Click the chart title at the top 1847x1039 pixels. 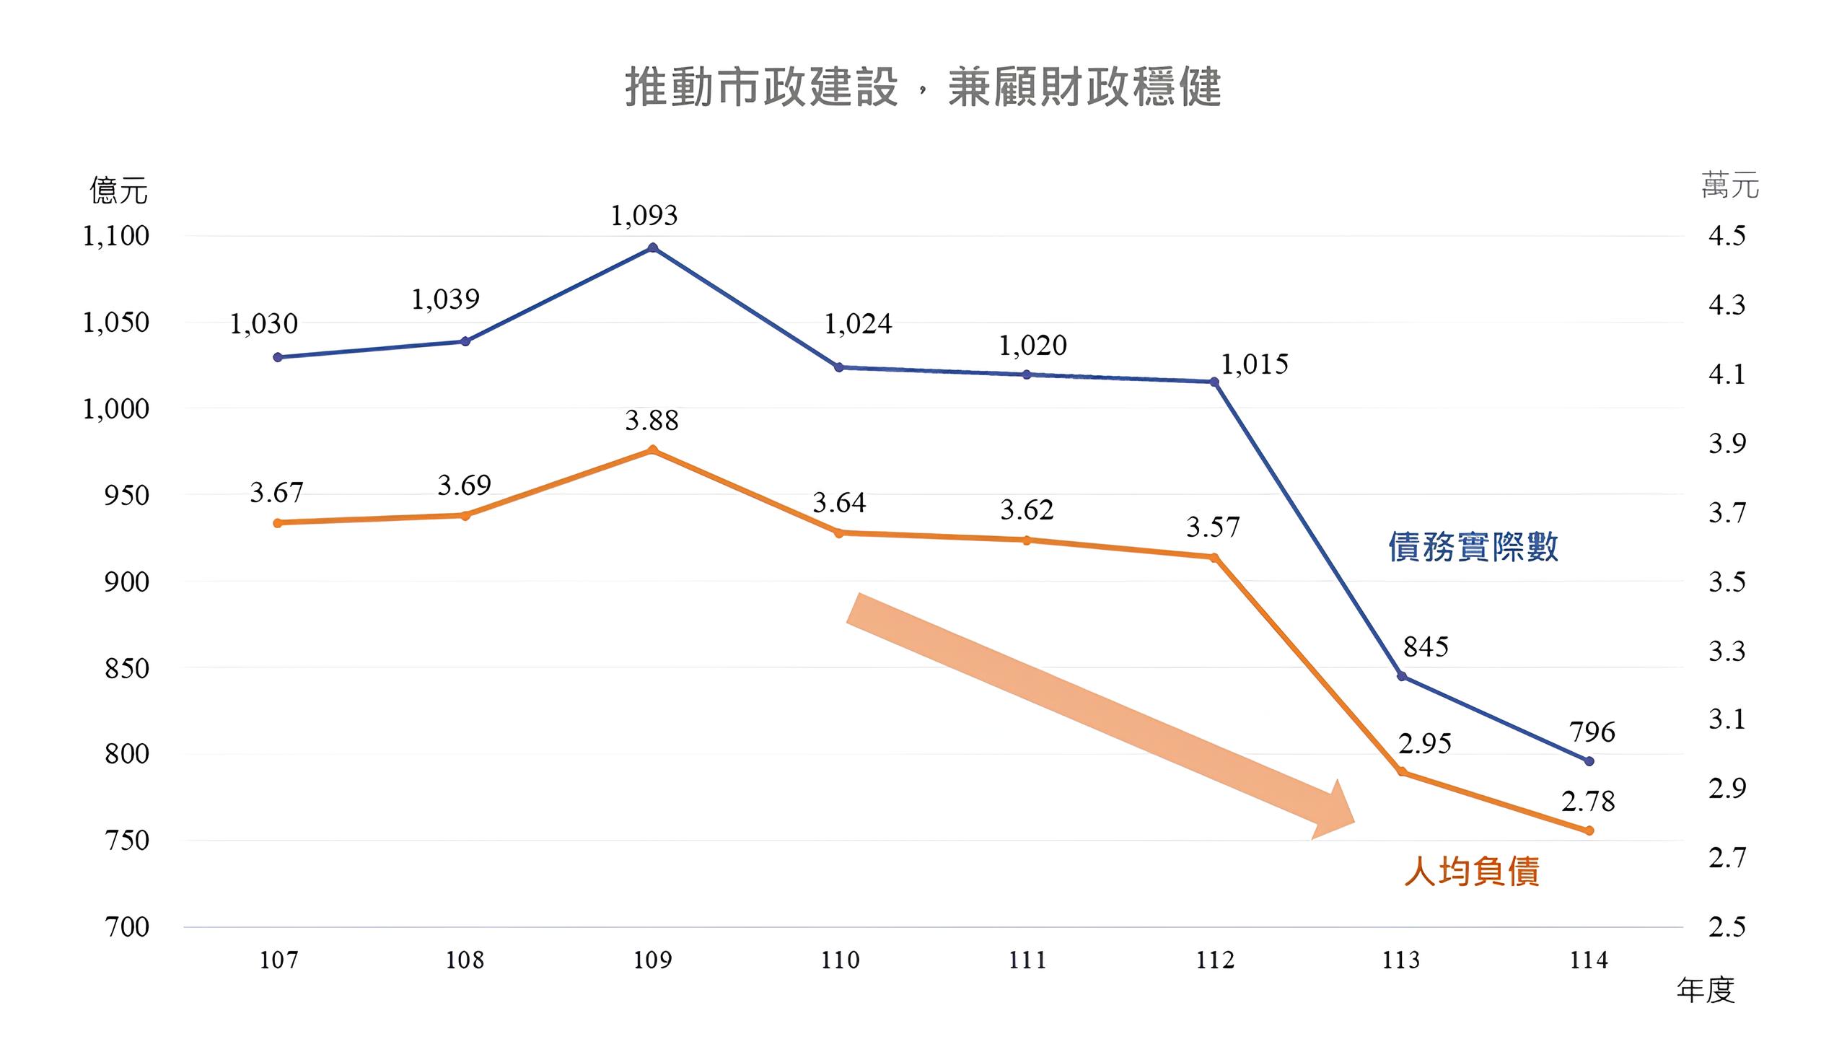[923, 88]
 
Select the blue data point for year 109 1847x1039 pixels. [653, 248]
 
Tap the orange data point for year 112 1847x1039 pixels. [1214, 558]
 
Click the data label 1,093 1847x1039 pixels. [644, 216]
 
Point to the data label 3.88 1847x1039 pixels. [652, 421]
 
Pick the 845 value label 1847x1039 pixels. [1426, 646]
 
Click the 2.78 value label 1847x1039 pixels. [1588, 802]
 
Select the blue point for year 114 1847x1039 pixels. [1589, 761]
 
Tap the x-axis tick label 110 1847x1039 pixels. [840, 960]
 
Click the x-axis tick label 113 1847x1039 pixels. [1401, 960]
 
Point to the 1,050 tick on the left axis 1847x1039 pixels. [115, 323]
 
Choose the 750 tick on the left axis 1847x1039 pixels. [126, 841]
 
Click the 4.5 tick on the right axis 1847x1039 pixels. [1727, 236]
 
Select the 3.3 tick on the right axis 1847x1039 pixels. [1727, 651]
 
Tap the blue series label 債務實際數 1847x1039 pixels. [1473, 547]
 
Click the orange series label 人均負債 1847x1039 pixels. [1472, 872]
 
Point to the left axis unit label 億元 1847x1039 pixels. [118, 191]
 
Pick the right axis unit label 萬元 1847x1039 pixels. [1729, 186]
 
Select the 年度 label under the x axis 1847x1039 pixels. [1705, 990]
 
